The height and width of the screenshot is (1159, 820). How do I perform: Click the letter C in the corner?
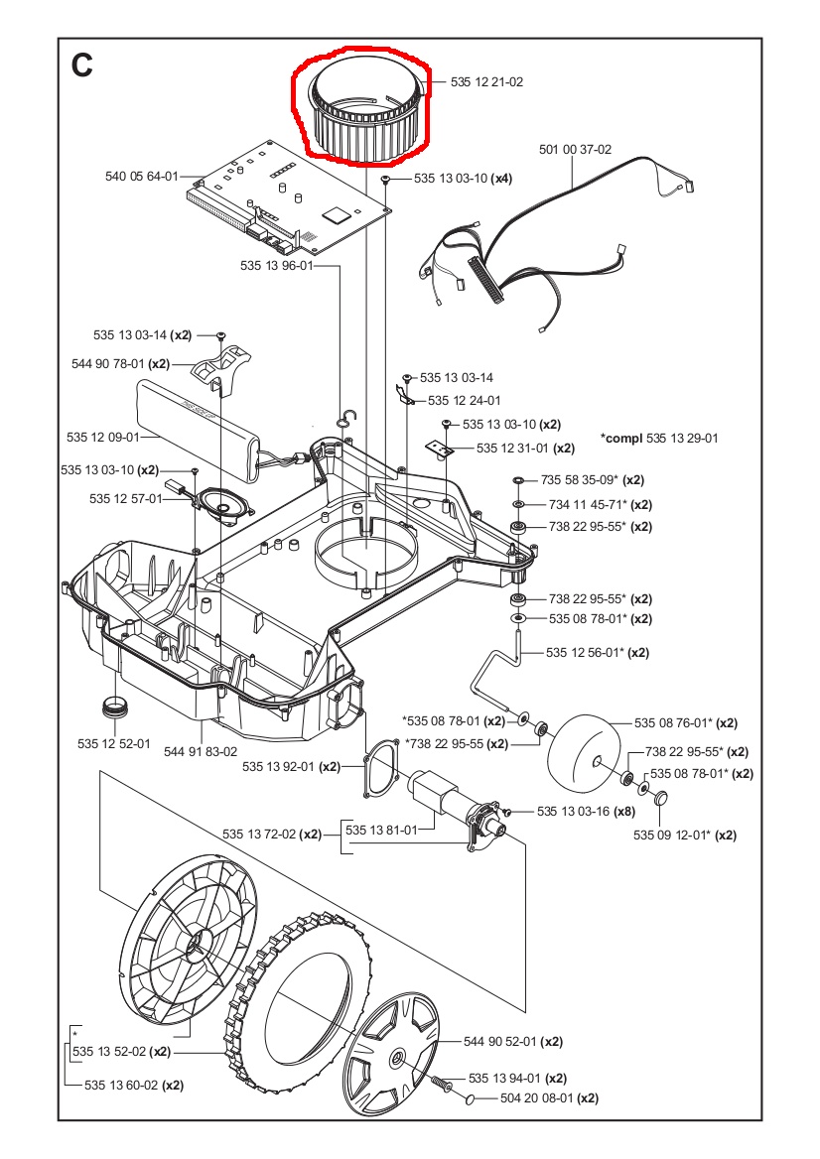click(82, 65)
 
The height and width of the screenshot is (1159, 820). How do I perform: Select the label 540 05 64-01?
click(141, 177)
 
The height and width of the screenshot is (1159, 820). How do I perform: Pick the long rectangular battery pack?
click(199, 422)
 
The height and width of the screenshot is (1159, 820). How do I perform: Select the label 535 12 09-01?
click(103, 437)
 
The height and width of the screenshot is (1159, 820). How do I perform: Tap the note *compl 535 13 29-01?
click(659, 438)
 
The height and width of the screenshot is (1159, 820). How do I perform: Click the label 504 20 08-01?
click(537, 1098)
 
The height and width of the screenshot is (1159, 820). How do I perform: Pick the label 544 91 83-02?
click(201, 751)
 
